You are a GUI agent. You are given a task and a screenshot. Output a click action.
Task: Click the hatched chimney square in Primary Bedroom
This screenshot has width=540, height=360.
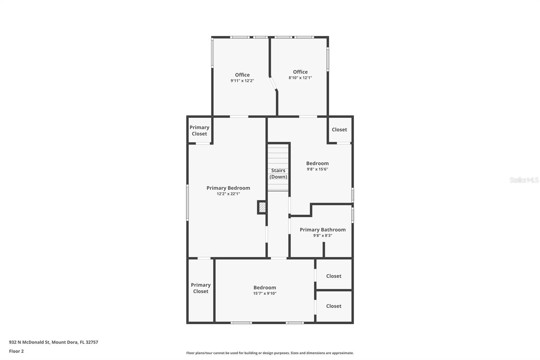click(262, 207)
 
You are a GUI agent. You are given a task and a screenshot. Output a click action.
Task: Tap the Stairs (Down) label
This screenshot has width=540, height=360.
click(278, 174)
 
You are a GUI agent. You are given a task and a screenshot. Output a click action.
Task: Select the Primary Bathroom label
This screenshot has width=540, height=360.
click(323, 230)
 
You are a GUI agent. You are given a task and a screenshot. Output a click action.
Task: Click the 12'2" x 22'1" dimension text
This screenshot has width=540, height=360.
click(228, 194)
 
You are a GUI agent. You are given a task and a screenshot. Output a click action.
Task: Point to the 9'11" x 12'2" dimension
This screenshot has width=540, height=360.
click(242, 81)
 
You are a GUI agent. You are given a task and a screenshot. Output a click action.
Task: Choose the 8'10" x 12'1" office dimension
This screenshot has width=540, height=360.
click(300, 78)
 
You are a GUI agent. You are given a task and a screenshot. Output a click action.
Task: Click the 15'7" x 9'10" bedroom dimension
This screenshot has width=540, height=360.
click(265, 293)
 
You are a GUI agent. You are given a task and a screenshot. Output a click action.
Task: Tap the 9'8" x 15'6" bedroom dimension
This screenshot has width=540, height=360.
click(317, 169)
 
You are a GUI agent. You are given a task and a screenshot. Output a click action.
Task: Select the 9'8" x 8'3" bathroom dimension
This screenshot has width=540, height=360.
click(323, 236)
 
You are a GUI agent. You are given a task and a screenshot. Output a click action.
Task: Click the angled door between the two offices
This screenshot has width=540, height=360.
click(273, 83)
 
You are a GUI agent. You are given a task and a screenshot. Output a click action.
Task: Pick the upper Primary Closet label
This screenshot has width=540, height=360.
click(199, 130)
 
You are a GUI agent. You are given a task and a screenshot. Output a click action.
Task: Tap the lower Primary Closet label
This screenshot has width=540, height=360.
click(201, 288)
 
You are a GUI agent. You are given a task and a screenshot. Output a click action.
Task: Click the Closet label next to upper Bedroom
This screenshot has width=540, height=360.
click(339, 130)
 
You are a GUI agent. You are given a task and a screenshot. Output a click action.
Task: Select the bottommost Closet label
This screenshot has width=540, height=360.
click(333, 306)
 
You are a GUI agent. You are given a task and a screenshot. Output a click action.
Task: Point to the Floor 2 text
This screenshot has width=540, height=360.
click(16, 351)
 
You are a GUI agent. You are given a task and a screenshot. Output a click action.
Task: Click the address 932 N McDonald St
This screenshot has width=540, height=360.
click(53, 342)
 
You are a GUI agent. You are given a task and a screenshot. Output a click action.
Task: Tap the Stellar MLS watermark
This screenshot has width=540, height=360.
click(524, 180)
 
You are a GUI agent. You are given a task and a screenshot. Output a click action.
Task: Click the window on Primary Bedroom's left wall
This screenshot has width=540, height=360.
click(188, 203)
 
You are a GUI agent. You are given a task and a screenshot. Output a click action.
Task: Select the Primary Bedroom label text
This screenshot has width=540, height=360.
click(228, 188)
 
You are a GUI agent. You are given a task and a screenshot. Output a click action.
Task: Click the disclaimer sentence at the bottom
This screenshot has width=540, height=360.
click(270, 353)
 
